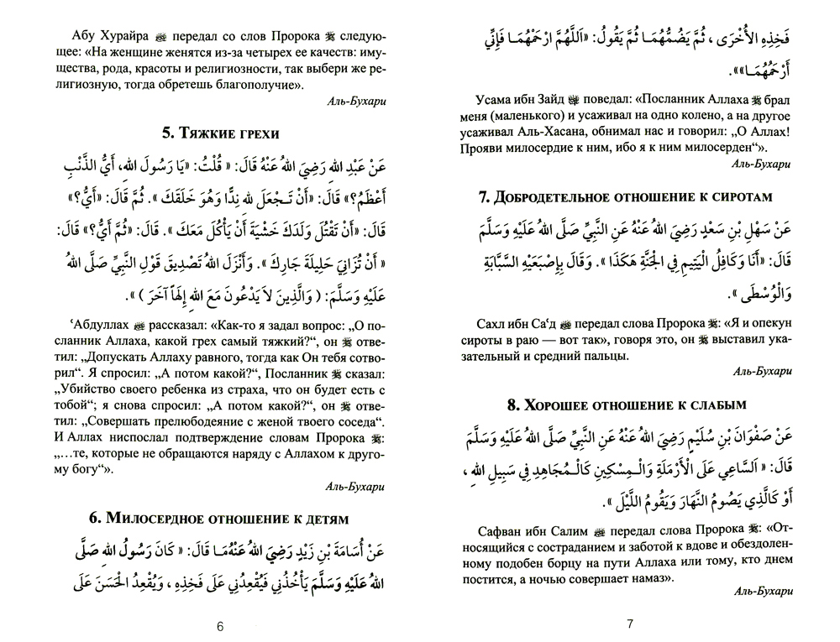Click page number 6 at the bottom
tap(219, 625)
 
